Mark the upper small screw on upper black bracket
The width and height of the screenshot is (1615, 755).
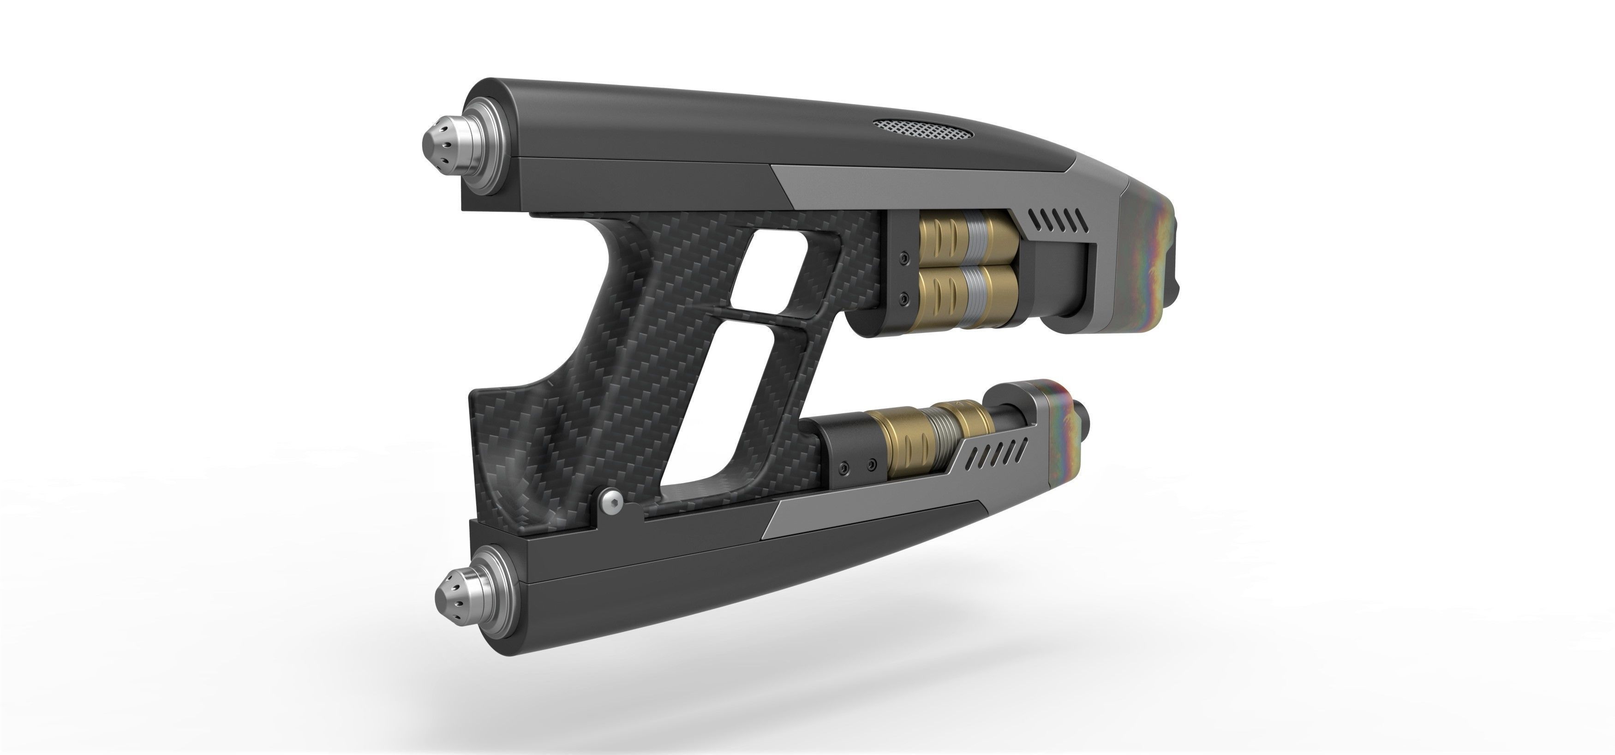903,258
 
